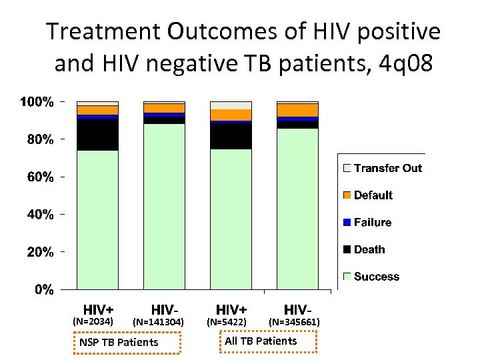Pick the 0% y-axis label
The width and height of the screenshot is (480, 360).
(45, 289)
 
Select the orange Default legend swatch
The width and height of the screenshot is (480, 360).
(347, 195)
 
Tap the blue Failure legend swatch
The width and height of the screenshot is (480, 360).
(347, 223)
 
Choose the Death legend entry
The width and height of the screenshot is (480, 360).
(369, 249)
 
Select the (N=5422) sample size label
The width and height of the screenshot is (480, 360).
(227, 322)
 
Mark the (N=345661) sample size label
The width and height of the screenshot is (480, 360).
(294, 322)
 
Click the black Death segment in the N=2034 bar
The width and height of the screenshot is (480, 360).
(97, 134)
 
